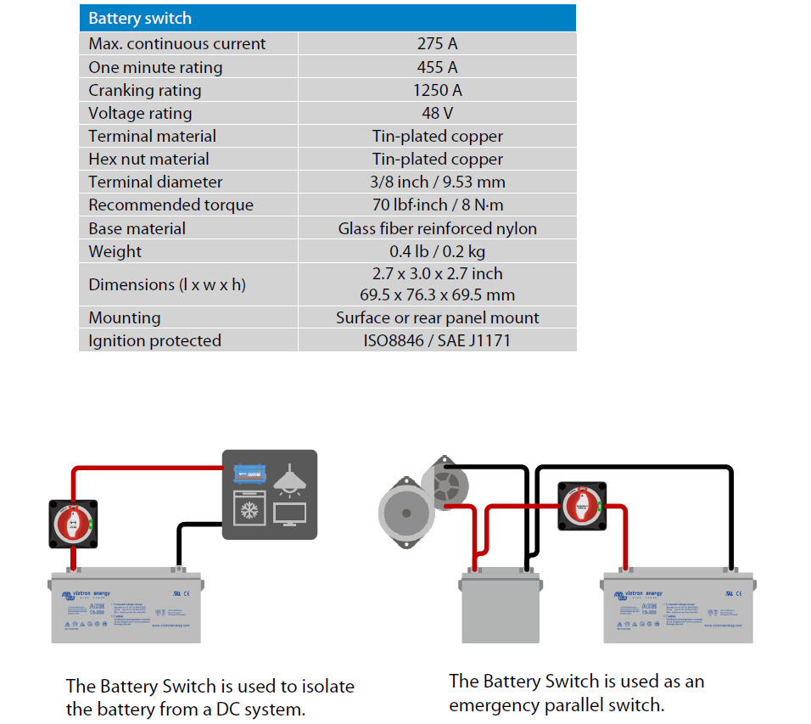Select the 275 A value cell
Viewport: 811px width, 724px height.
tap(437, 44)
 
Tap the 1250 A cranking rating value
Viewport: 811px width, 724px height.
tap(437, 90)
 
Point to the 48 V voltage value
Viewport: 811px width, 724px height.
tap(437, 113)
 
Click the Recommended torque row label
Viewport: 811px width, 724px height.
tap(171, 205)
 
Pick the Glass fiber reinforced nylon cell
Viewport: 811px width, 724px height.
tap(437, 228)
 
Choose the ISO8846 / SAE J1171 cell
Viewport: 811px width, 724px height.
tap(437, 340)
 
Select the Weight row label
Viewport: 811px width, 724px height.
tap(115, 251)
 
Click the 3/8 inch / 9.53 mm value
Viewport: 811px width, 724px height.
tap(437, 182)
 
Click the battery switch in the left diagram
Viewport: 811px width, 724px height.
tap(74, 523)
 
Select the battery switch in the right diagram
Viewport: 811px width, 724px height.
tap(582, 507)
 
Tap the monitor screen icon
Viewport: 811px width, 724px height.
tap(290, 514)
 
